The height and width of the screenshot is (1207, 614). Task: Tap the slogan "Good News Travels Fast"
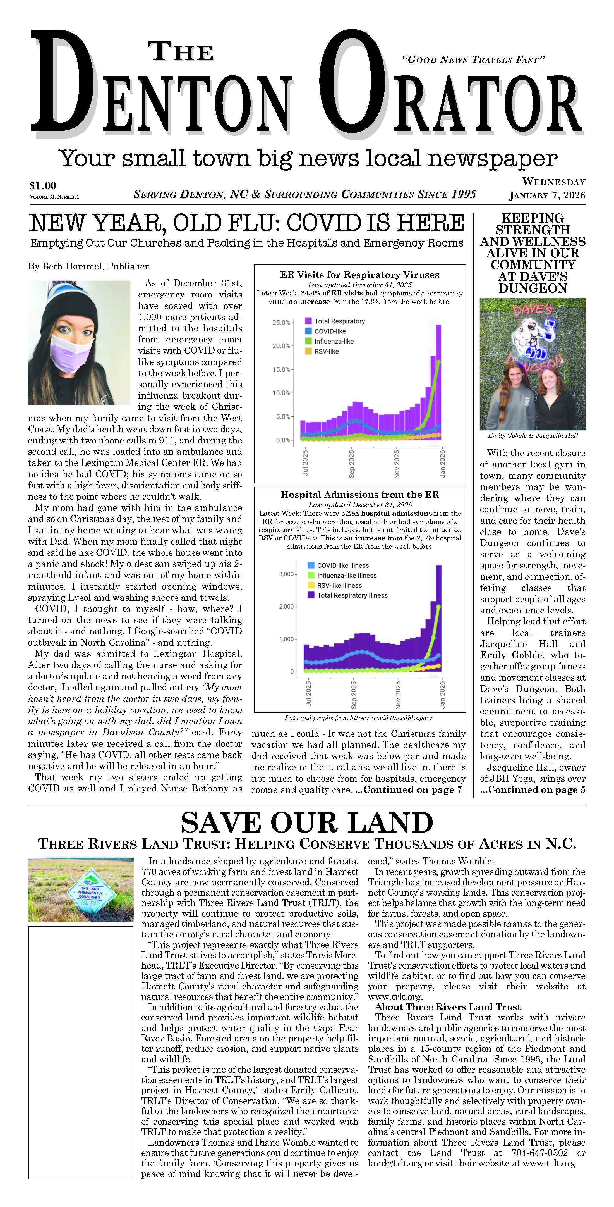coord(473,59)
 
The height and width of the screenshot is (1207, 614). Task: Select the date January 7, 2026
coord(547,195)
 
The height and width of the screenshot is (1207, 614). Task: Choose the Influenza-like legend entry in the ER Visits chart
coord(334,341)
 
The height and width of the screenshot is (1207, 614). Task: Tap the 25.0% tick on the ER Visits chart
coord(281,322)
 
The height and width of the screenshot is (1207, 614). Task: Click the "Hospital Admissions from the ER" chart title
coord(360,494)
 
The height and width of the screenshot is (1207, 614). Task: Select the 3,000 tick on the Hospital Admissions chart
coord(286,574)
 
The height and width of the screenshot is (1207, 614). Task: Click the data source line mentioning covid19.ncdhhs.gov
coord(358,717)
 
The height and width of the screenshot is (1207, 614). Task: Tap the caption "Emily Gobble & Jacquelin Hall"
coord(533,435)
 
